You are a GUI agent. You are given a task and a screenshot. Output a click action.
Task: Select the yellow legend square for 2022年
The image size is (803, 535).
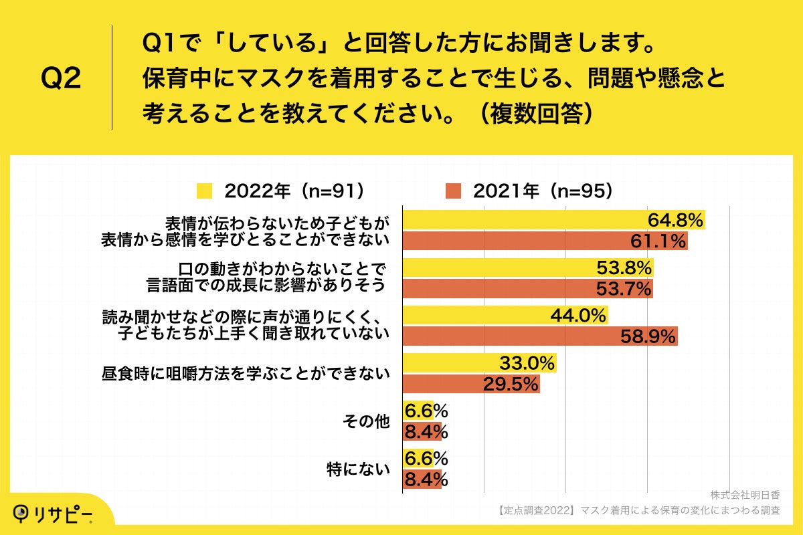coord(205,191)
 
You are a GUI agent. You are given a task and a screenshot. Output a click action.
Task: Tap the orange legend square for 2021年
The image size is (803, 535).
coord(454,191)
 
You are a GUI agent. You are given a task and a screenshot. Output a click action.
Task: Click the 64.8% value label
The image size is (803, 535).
coord(675,219)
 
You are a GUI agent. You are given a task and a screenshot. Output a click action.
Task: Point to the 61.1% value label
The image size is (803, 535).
coord(658,241)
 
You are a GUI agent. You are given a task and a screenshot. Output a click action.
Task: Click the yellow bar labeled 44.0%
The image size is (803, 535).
coord(505,315)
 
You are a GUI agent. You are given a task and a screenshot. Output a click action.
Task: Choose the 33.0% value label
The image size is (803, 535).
coord(527,363)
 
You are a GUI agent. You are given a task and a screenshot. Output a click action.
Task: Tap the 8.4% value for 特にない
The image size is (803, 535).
coord(426,480)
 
